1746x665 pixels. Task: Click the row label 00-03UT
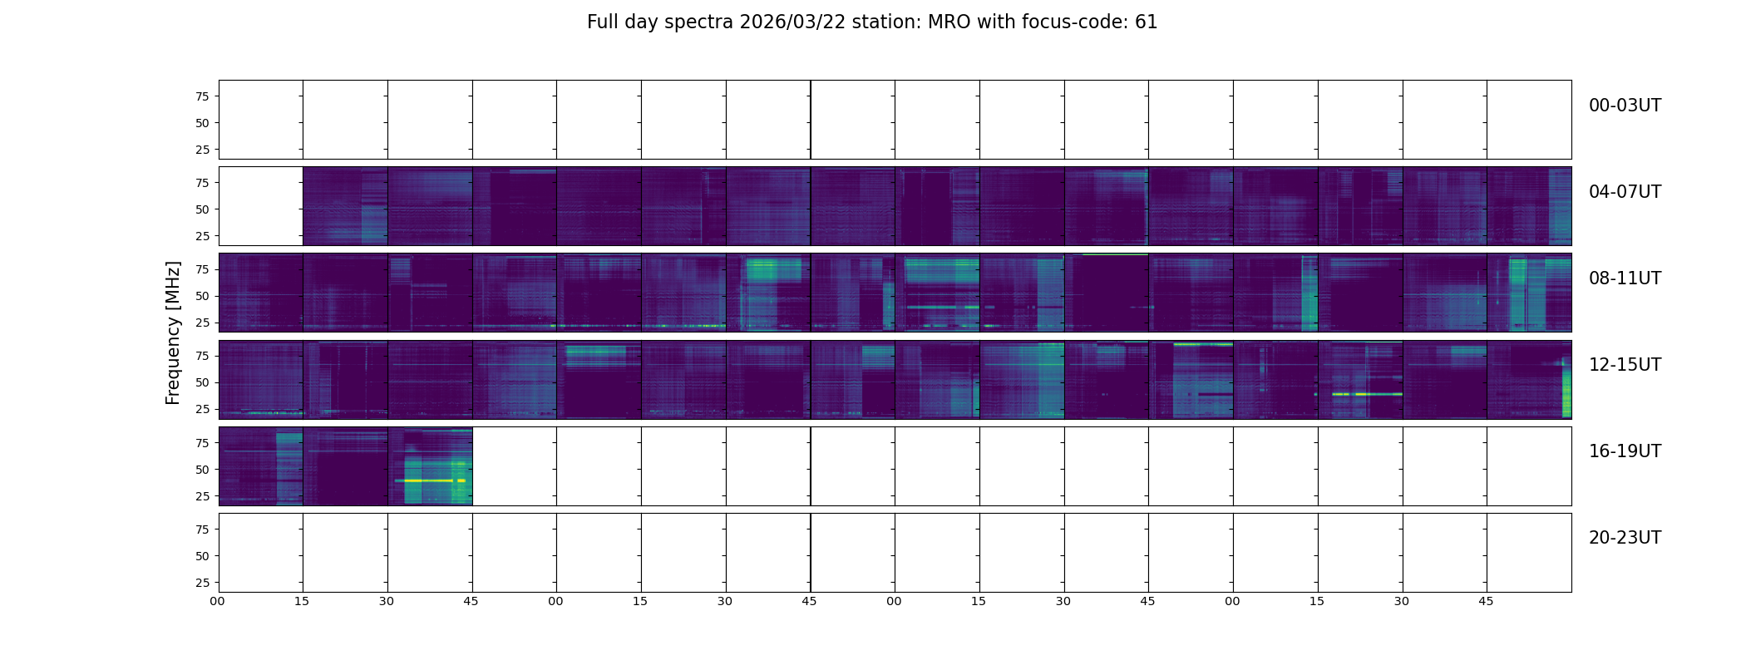pyautogui.click(x=1625, y=106)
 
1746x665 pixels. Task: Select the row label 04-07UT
pyautogui.click(x=1625, y=192)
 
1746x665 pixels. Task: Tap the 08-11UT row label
pyautogui.click(x=1625, y=278)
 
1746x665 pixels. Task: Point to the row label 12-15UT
pyautogui.click(x=1625, y=365)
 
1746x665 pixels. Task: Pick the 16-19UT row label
pyautogui.click(x=1625, y=451)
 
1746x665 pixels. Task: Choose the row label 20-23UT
pyautogui.click(x=1625, y=538)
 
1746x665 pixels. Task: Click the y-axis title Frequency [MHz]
pyautogui.click(x=173, y=332)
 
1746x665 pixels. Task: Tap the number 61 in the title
pyautogui.click(x=1147, y=22)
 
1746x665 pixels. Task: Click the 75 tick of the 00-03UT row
pyautogui.click(x=202, y=96)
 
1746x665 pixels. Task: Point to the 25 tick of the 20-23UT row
pyautogui.click(x=202, y=583)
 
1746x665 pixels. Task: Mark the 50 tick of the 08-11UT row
pyautogui.click(x=202, y=296)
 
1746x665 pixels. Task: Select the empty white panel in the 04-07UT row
pyautogui.click(x=261, y=206)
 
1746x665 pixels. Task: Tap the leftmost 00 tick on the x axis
pyautogui.click(x=218, y=601)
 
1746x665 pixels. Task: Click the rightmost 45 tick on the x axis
pyautogui.click(x=1486, y=601)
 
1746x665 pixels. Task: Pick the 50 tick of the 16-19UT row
pyautogui.click(x=202, y=470)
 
